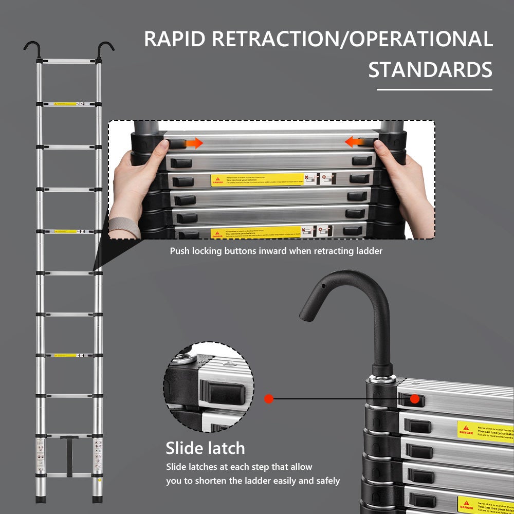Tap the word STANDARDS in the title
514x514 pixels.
click(x=430, y=70)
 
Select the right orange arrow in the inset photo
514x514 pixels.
click(x=354, y=141)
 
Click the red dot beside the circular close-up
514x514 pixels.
click(x=268, y=398)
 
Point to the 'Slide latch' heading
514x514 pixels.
click(x=205, y=448)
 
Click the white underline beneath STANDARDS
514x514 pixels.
click(x=434, y=89)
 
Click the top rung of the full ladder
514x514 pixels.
click(x=68, y=62)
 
